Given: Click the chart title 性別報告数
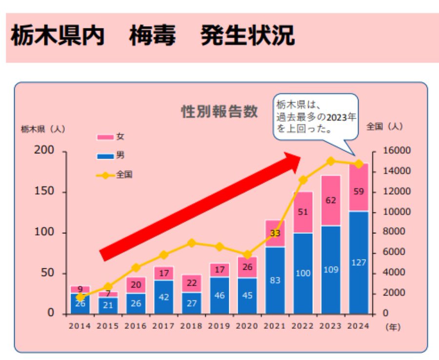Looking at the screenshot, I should click(x=219, y=112).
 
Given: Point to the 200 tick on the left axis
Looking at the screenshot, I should click(x=44, y=151).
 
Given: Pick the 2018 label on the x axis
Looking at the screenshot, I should click(x=191, y=326).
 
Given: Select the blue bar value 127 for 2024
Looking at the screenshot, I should click(x=359, y=262).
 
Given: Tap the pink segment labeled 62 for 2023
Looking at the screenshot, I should click(x=331, y=200).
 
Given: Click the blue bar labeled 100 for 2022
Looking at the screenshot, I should click(x=303, y=273).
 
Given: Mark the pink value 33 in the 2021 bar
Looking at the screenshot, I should click(x=275, y=233).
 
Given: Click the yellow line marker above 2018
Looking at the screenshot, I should click(x=192, y=243).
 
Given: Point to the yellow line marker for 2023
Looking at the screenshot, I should click(x=331, y=161).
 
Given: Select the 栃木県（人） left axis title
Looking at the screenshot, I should click(x=43, y=129).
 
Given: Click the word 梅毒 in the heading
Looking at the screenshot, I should click(x=152, y=37).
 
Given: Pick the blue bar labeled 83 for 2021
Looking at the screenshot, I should click(x=275, y=280).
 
